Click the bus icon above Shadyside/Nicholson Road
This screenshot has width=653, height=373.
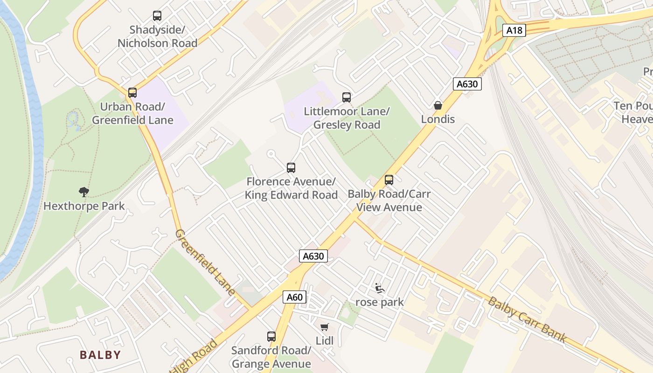[x=157, y=16]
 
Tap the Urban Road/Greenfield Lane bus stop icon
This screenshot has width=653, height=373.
[x=132, y=93]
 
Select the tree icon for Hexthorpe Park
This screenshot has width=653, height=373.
[x=84, y=192]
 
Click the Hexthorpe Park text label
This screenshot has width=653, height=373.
[x=84, y=206]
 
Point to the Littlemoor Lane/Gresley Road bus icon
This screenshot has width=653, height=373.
[x=346, y=97]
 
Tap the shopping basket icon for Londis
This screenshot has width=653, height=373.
[x=438, y=105]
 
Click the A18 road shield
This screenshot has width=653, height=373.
[x=514, y=31]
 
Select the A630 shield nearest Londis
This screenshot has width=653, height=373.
[x=467, y=84]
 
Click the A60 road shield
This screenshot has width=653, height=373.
[x=294, y=297]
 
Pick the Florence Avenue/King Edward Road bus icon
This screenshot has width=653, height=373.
[x=291, y=168]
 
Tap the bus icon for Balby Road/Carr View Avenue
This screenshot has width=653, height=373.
[x=389, y=180]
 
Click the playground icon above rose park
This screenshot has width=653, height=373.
[x=380, y=289]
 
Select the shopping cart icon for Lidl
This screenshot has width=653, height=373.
[x=325, y=327]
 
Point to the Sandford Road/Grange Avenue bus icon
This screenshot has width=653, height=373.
[x=271, y=336]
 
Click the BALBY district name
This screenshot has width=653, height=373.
[x=100, y=355]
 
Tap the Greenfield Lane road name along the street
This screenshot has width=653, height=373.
[x=205, y=262]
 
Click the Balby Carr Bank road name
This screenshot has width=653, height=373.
[x=527, y=319]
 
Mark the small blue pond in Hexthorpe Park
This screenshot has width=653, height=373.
[x=73, y=121]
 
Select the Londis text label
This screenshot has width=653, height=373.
[x=438, y=119]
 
